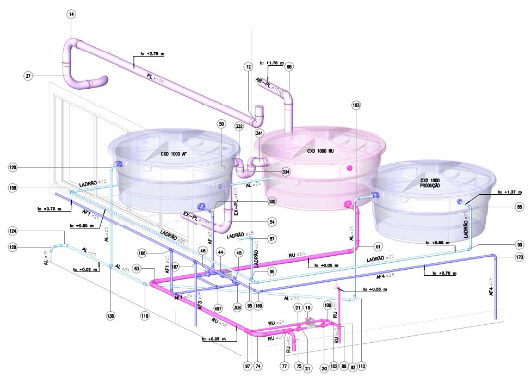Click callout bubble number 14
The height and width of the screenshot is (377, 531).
click(x=72, y=14)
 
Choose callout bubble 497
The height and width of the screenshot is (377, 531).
click(x=218, y=308)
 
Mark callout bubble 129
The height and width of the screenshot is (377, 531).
click(x=13, y=248)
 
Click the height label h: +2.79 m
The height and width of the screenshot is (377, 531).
click(x=152, y=54)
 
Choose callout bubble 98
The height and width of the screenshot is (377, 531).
click(x=289, y=66)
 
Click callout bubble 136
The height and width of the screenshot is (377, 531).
click(x=111, y=315)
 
